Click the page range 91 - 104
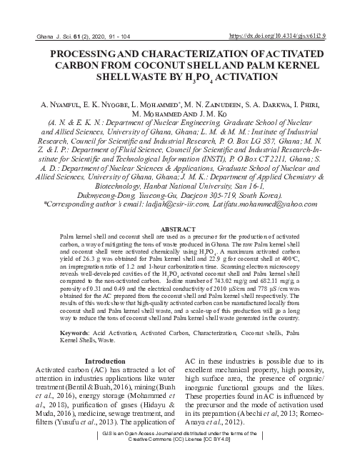[110, 34]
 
